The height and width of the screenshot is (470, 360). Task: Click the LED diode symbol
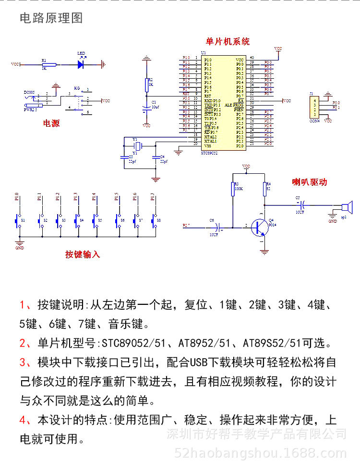pos(81,63)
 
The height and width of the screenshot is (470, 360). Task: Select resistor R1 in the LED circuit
pos(49,64)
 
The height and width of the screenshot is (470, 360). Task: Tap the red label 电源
pos(51,123)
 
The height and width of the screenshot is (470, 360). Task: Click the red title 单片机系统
pos(228,42)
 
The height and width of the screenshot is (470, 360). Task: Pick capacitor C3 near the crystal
pos(126,157)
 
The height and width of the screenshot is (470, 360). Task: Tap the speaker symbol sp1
pos(347,208)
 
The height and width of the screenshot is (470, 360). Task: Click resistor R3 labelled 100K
pos(233,189)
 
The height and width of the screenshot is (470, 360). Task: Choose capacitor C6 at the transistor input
pos(217,225)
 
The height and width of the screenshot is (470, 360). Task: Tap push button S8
pos(154,220)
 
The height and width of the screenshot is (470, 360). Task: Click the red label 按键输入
pos(83,254)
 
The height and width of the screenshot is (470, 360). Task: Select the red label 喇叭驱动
pos(310,182)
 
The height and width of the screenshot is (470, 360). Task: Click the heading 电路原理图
pos(51,18)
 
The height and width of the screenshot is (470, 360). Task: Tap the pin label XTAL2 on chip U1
pos(210,136)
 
